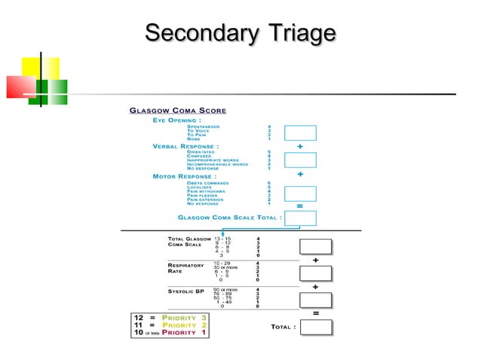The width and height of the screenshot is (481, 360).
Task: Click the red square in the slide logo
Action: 20,87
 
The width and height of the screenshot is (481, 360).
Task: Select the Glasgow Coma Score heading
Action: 178,111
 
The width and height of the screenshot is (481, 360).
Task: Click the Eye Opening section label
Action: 176,120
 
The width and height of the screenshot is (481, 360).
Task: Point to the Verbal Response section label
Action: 185,146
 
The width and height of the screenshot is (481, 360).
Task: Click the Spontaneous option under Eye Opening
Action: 204,126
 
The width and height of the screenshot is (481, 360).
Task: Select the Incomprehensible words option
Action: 217,164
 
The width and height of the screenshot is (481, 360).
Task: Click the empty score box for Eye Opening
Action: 300,133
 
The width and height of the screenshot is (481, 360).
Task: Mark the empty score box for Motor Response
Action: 300,193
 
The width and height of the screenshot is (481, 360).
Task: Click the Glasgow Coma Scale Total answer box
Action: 300,218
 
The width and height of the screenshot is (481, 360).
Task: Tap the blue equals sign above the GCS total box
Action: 300,206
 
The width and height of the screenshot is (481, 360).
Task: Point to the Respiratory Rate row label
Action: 185,268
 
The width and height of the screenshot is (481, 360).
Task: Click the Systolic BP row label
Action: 185,290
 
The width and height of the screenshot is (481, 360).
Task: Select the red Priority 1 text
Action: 183,332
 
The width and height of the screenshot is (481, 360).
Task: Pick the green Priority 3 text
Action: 183,318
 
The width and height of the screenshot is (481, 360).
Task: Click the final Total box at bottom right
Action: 316,327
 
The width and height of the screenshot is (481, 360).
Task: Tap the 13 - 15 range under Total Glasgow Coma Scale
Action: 223,238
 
